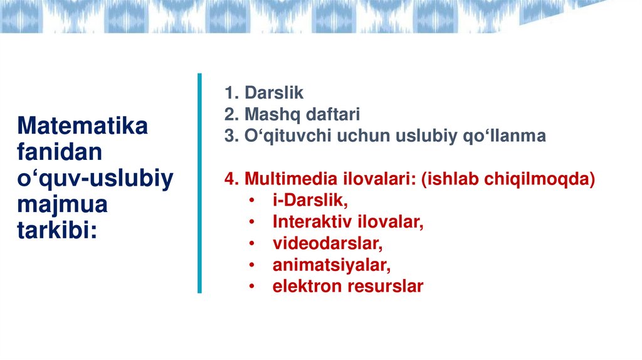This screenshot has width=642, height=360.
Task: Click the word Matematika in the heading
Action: [x=83, y=126]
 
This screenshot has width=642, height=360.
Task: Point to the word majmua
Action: [x=62, y=205]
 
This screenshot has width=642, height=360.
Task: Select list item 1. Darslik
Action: [x=264, y=93]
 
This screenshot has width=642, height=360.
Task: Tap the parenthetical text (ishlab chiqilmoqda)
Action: [x=508, y=179]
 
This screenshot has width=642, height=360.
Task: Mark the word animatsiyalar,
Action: [x=331, y=265]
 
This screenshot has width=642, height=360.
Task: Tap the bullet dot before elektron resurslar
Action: [x=251, y=287]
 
